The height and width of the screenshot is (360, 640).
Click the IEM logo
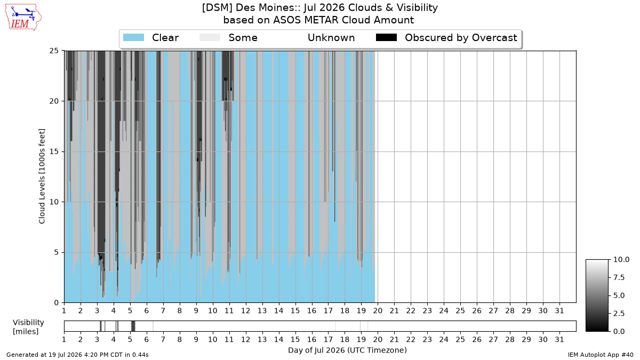pos(23,17)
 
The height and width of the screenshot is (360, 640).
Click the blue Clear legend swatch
pos(133,38)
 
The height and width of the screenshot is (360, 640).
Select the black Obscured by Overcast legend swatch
pos(386,38)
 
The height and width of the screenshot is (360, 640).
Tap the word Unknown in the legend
pos(331,38)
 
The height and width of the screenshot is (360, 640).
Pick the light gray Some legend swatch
pos(210,38)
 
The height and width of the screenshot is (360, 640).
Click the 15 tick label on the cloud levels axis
pos(54,151)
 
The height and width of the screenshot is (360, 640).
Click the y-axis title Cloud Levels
pos(42,177)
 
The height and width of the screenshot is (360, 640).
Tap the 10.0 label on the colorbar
pos(621,259)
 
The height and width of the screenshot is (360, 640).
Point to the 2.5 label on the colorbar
pos(619,314)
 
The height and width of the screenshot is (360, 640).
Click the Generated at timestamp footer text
pos(77,355)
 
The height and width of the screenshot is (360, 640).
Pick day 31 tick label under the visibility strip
pos(559,339)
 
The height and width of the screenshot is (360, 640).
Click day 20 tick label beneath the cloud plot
pos(378,310)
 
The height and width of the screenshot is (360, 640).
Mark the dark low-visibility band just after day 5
pos(133,326)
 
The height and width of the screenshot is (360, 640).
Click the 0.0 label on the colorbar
pos(619,331)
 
